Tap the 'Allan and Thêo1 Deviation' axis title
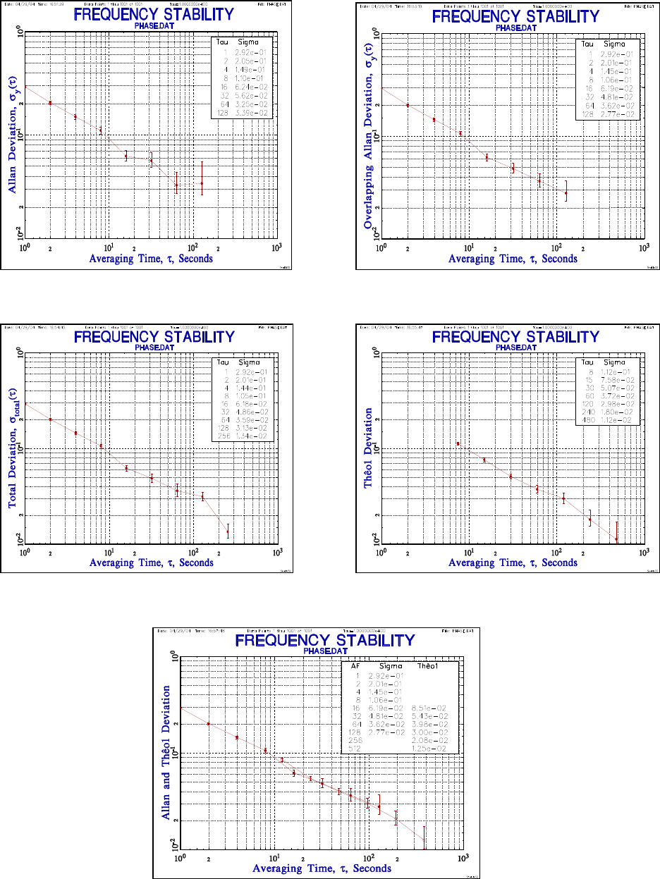[x=167, y=754]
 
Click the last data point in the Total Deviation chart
[x=228, y=529]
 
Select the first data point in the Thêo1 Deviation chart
[x=458, y=443]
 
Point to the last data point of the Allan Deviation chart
[x=202, y=183]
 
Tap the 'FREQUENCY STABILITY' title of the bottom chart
[x=324, y=641]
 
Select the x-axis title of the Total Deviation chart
[x=152, y=563]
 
